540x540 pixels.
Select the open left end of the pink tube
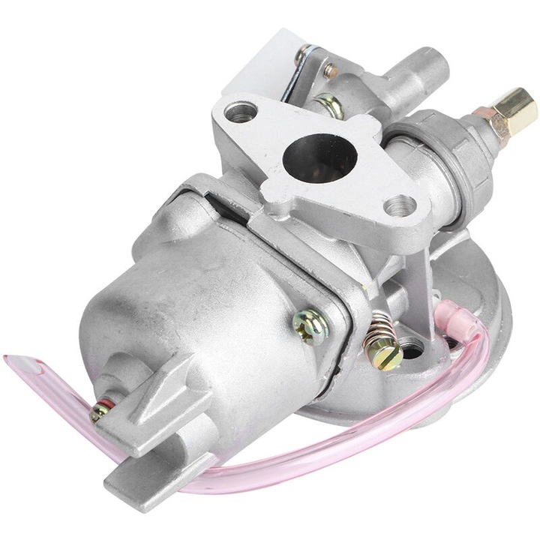[15, 365]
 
